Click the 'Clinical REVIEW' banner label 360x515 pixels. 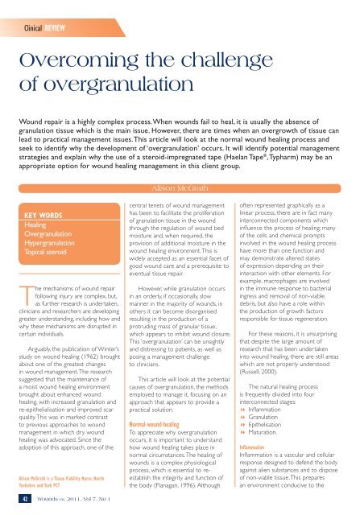click(48, 14)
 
